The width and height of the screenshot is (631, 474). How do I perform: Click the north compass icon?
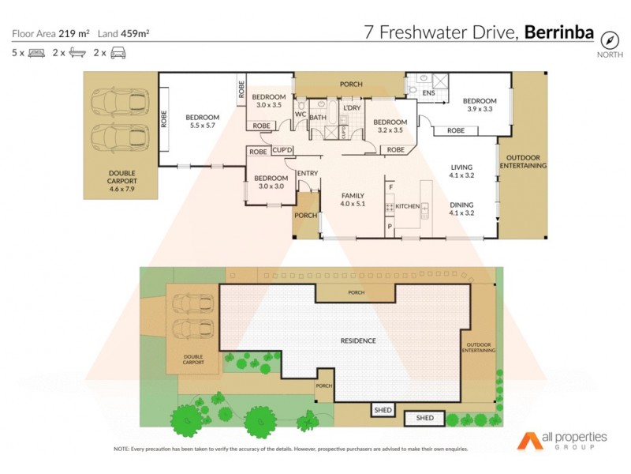click(609, 40)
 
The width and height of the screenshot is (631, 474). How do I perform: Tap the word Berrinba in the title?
click(562, 32)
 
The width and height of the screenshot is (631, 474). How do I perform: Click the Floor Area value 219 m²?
click(74, 33)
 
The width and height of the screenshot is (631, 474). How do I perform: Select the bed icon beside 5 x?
click(36, 53)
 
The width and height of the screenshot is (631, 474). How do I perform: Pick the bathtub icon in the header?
click(77, 53)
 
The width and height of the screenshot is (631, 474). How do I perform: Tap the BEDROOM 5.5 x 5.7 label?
click(204, 121)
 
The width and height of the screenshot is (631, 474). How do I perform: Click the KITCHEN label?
click(408, 206)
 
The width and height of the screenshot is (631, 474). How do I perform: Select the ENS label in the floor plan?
click(428, 94)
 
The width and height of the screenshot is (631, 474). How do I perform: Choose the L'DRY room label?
click(351, 107)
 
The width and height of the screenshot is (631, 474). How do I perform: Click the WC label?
click(300, 114)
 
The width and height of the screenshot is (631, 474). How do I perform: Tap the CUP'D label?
click(282, 149)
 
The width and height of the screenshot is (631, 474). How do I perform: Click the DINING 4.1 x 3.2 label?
click(461, 209)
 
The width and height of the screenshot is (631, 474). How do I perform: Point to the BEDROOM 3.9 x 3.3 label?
click(480, 105)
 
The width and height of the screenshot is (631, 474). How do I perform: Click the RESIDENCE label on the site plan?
click(357, 340)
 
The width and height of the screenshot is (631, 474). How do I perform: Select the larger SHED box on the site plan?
click(424, 417)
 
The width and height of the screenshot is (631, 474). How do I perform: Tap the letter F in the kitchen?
click(390, 187)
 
